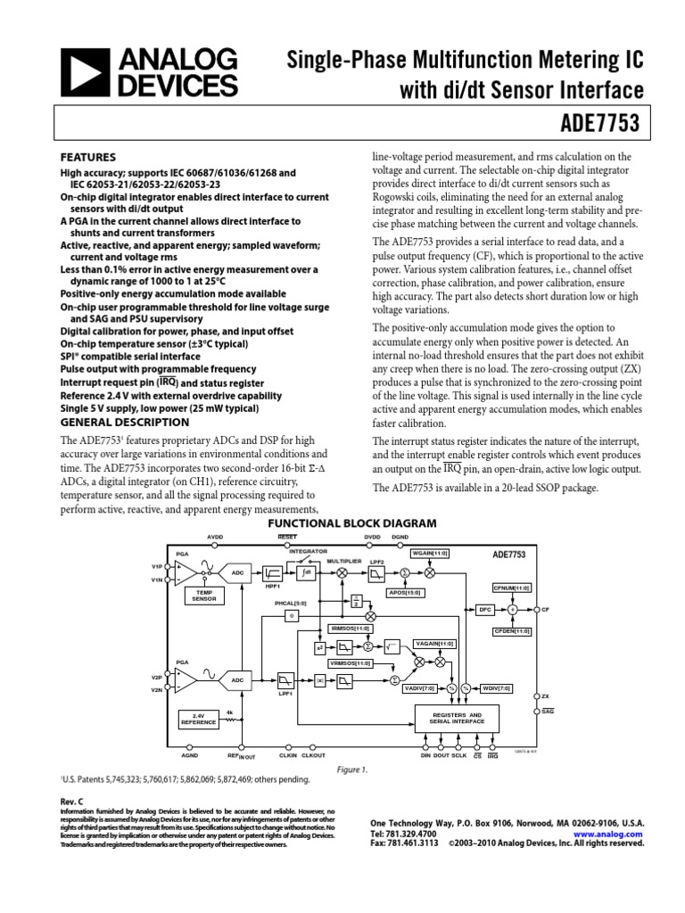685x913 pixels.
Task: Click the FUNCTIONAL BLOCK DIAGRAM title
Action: (x=342, y=523)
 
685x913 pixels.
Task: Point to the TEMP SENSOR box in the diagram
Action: (x=204, y=596)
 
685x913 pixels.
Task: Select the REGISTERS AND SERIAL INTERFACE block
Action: (x=457, y=719)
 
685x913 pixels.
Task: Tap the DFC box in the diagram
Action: (x=485, y=610)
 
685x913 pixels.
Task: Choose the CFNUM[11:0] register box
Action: (x=511, y=588)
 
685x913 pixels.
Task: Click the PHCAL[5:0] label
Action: (x=290, y=603)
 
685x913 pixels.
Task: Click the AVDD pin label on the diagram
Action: (x=216, y=537)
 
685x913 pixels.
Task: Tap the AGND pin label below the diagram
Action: (x=190, y=754)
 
